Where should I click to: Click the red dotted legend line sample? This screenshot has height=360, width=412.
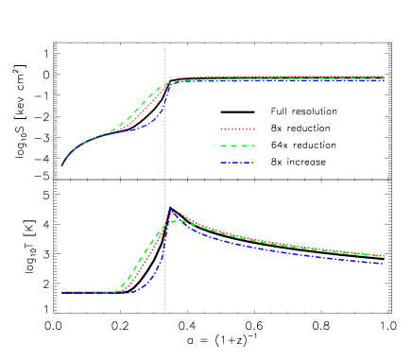pos(237,129)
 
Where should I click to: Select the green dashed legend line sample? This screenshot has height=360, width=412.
pos(237,146)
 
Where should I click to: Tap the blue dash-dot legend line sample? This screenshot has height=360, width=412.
pos(237,163)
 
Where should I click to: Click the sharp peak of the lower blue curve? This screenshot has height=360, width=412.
pos(170,211)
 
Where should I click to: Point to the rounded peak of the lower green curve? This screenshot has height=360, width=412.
pos(176,221)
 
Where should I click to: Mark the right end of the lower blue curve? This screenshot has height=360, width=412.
pos(383,264)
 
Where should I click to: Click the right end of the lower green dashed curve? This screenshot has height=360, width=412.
pos(383,256)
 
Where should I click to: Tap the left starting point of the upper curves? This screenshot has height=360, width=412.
pos(62,165)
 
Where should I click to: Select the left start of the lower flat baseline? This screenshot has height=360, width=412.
pos(62,293)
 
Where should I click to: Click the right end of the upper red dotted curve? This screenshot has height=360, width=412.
pos(384,77)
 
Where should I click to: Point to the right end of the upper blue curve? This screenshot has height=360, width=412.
pos(384,80)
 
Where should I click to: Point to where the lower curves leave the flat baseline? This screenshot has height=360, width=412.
pos(117,291)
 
